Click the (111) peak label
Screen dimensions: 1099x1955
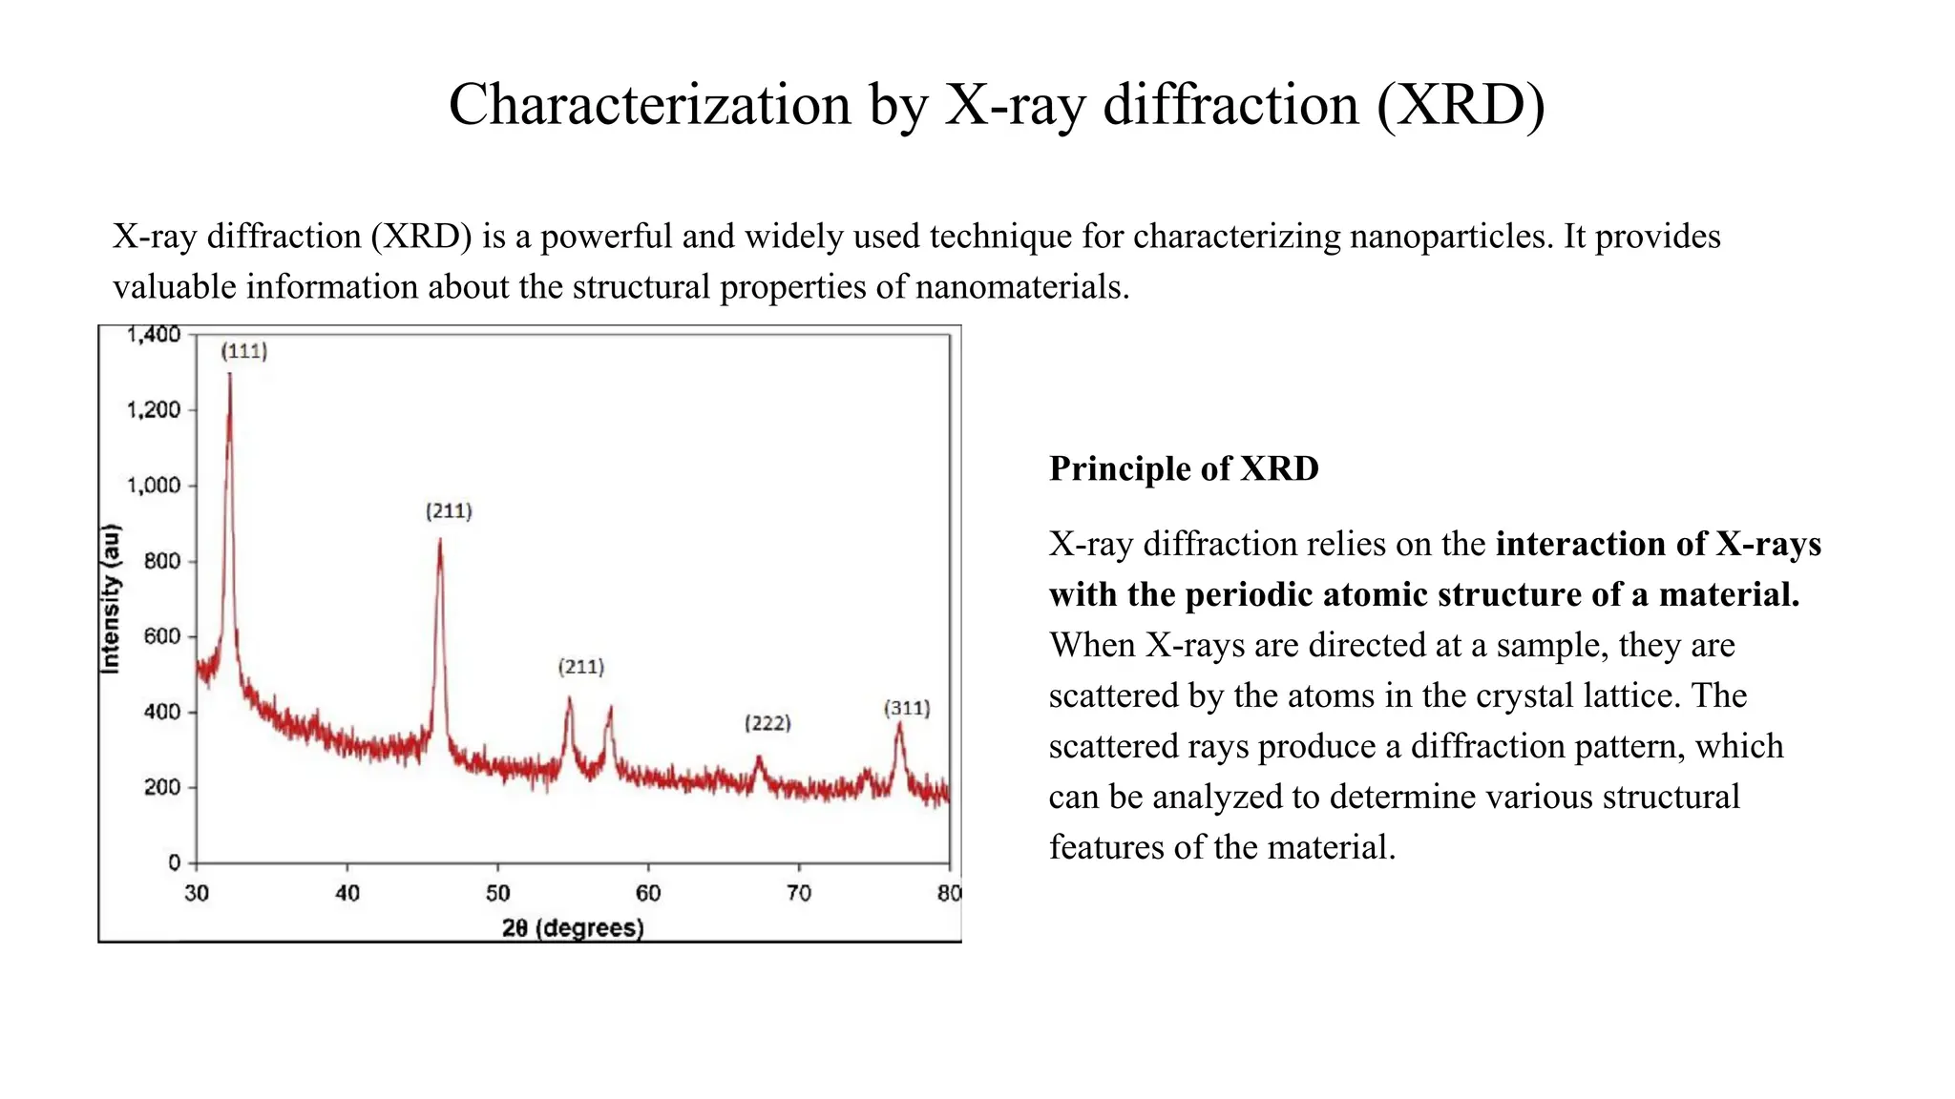(x=244, y=351)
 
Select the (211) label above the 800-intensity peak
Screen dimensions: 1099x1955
(x=449, y=511)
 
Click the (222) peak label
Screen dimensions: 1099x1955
(x=767, y=723)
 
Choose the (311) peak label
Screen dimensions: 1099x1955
(x=906, y=708)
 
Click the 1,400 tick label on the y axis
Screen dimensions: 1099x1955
(x=153, y=335)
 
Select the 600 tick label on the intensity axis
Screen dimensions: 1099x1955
(x=161, y=636)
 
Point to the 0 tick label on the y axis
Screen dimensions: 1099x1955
(x=174, y=862)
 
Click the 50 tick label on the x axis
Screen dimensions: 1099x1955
(x=497, y=894)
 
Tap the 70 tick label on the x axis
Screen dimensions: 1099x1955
(x=799, y=894)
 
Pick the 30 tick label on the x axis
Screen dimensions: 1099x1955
(x=197, y=894)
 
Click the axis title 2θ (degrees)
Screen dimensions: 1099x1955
(x=573, y=928)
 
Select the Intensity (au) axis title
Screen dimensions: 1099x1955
(x=112, y=599)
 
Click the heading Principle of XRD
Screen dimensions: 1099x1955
(x=1183, y=468)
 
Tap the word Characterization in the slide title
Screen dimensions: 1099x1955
(x=649, y=104)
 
